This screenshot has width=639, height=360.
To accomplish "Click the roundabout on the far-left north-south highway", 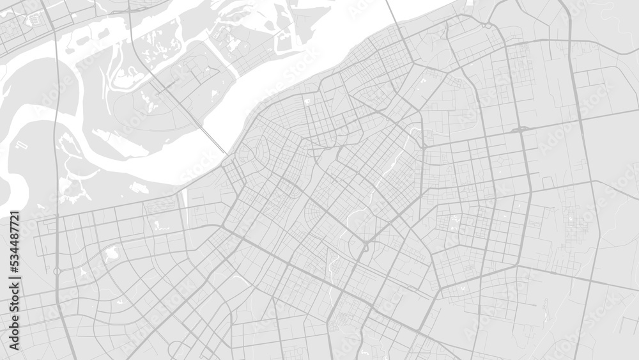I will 57,271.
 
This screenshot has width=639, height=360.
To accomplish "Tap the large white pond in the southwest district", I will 111,253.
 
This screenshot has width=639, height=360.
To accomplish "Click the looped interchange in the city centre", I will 366,247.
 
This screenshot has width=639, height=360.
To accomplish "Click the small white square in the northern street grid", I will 307,100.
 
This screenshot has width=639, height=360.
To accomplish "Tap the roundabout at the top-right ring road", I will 487,26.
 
